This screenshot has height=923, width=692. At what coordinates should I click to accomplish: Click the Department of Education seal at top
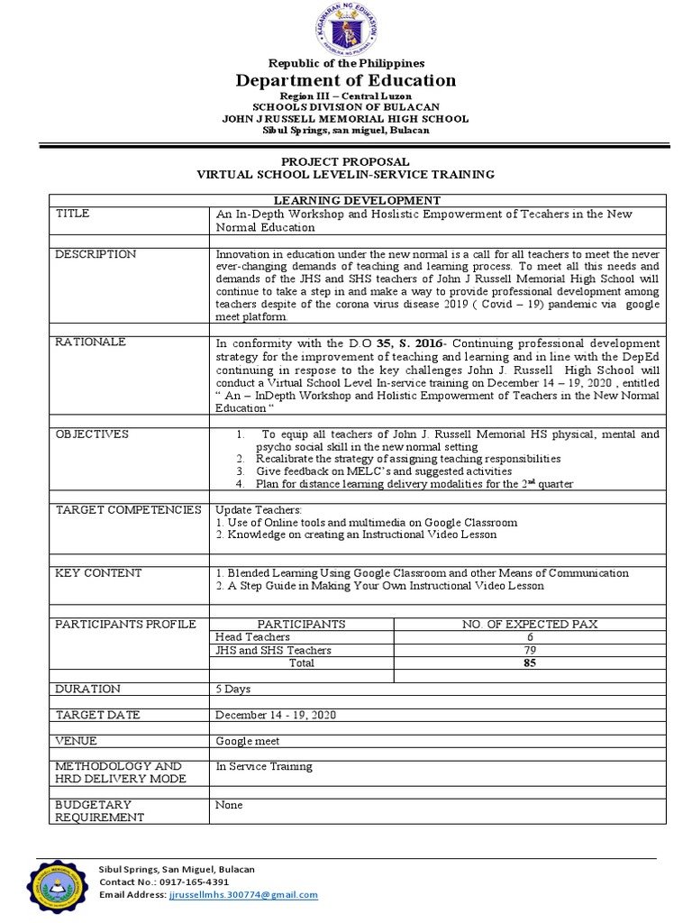click(346, 30)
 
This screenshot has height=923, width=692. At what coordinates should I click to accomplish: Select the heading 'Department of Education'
click(346, 80)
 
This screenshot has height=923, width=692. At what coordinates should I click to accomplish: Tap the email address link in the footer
click(243, 895)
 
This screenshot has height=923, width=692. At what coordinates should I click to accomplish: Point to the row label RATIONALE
click(90, 343)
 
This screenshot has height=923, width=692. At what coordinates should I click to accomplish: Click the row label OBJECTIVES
click(92, 434)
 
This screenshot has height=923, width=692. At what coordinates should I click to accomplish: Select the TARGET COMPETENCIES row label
click(128, 510)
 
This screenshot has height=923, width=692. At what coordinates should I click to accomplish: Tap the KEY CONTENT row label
click(98, 573)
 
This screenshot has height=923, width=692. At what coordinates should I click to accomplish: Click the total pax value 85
click(529, 663)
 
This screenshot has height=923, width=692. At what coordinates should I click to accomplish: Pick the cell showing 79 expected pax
click(529, 650)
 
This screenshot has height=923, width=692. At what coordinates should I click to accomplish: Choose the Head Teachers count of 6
click(529, 637)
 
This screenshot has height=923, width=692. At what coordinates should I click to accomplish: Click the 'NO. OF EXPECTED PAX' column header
click(529, 624)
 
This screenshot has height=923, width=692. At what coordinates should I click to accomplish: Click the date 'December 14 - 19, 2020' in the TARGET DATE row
click(275, 715)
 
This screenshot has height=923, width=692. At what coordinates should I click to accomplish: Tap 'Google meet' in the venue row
click(247, 741)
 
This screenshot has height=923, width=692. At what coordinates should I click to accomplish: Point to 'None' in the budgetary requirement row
click(229, 805)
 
